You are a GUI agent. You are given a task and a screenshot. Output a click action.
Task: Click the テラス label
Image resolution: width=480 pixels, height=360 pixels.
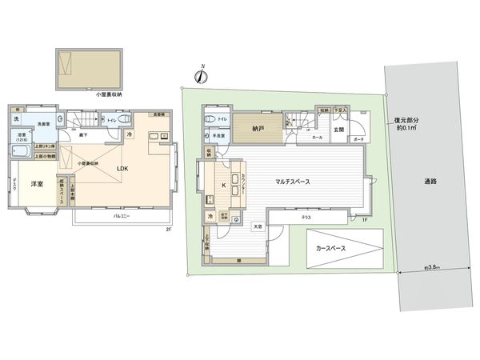307,216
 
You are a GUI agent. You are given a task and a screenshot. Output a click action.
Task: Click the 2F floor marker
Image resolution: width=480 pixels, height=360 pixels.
169,230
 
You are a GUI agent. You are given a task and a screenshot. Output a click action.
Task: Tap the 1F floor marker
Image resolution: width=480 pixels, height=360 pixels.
364,219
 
